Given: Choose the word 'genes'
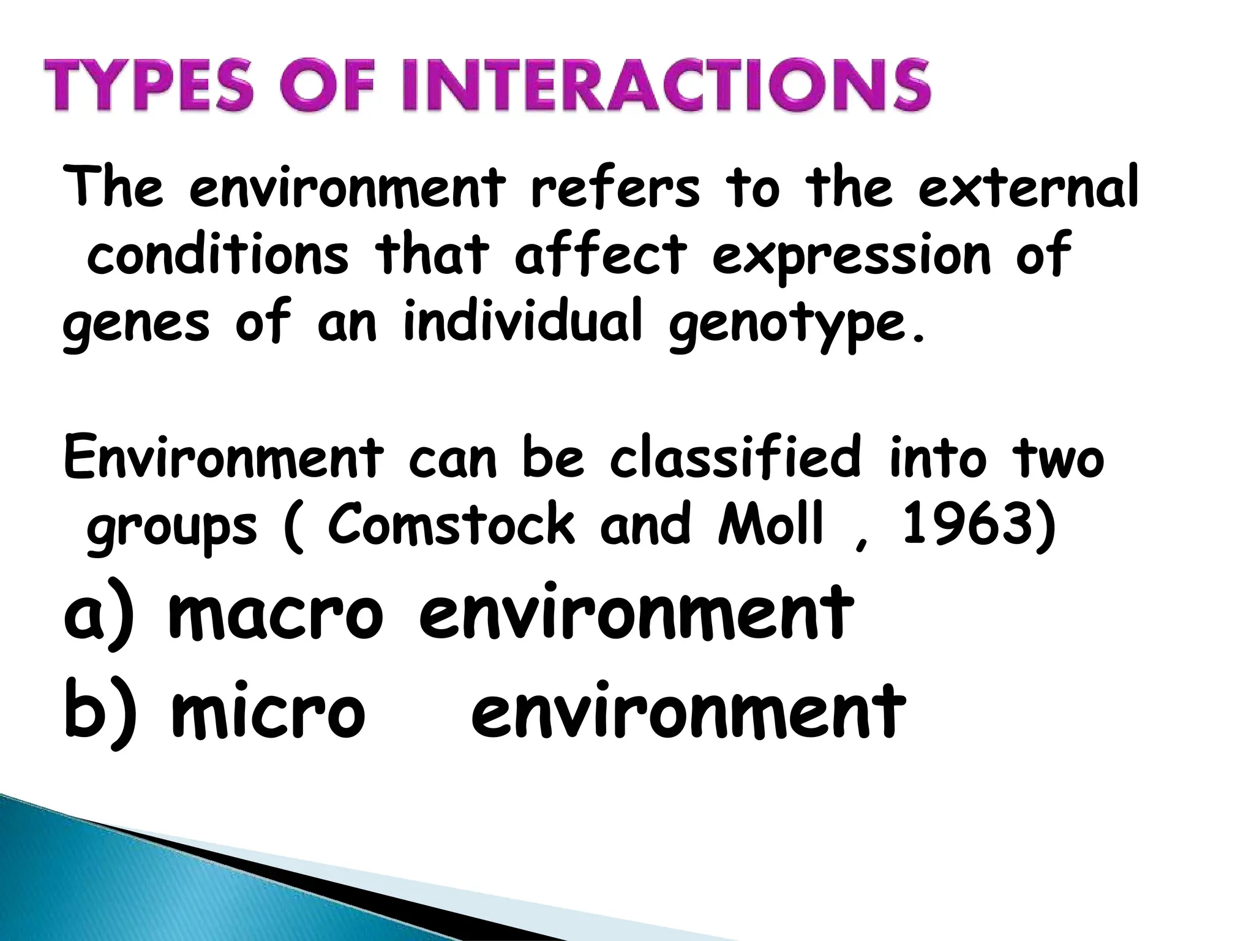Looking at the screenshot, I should click(x=136, y=325).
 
